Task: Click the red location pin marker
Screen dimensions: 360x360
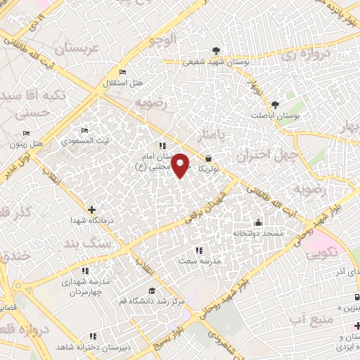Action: pyautogui.click(x=181, y=165)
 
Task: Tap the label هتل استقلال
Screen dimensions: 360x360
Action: pyautogui.click(x=128, y=84)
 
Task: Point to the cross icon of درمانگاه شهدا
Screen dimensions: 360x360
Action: pyautogui.click(x=92, y=210)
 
